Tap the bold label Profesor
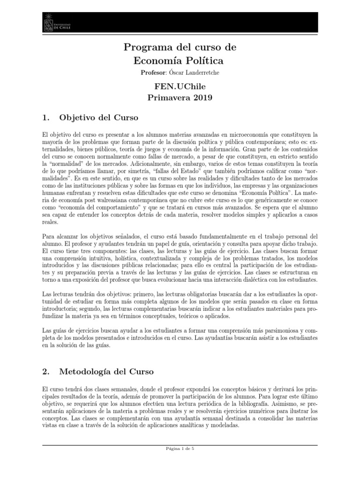(x=153, y=73)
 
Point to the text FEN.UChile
(x=180, y=87)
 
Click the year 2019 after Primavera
(x=200, y=98)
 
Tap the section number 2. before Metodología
(x=46, y=372)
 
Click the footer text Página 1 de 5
(x=180, y=448)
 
